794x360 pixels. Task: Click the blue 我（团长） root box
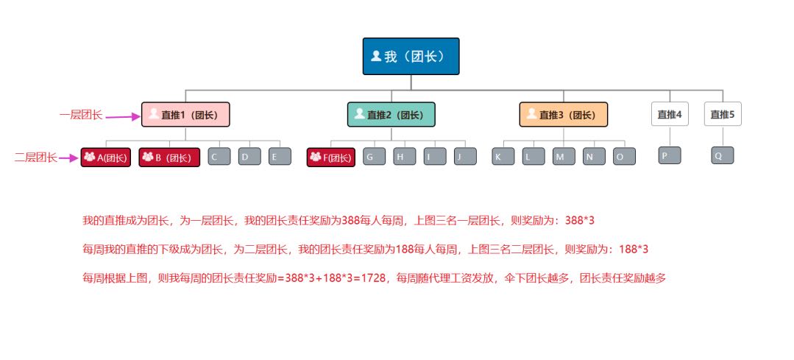(x=411, y=56)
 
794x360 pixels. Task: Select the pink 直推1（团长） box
(x=185, y=114)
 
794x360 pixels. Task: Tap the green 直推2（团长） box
(x=391, y=114)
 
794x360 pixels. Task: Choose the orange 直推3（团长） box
(x=564, y=114)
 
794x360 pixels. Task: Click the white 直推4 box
(x=670, y=114)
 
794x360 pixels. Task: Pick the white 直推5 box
(x=723, y=114)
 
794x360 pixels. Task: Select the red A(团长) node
(x=106, y=157)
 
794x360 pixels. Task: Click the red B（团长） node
(x=170, y=157)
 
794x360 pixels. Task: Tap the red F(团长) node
(x=331, y=157)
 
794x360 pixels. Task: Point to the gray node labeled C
(x=219, y=157)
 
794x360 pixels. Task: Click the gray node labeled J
(x=465, y=157)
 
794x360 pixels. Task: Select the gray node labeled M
(x=564, y=157)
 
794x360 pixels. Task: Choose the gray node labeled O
(x=624, y=157)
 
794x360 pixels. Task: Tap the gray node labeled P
(x=670, y=155)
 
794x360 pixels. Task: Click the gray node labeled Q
(x=723, y=155)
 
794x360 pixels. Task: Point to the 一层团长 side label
(x=81, y=115)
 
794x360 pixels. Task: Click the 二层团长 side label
(x=36, y=158)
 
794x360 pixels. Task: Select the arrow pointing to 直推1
(x=123, y=116)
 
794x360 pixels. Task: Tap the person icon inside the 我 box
(x=376, y=56)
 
